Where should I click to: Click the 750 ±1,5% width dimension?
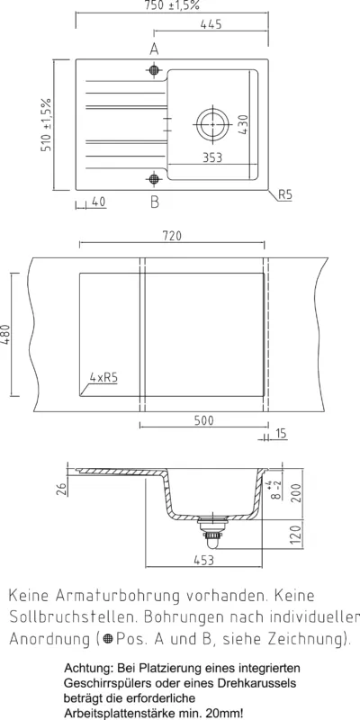coord(173,5)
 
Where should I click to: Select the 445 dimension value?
coord(211,24)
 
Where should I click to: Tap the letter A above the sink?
coord(154,49)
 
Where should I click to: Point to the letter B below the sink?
coord(155,201)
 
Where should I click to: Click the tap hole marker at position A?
coord(154,70)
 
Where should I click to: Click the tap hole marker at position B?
coord(154,178)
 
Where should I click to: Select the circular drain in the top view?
coord(213,124)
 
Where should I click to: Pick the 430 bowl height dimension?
coord(243,124)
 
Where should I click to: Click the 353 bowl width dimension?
coord(212,157)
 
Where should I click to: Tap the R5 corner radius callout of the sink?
coord(285,195)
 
